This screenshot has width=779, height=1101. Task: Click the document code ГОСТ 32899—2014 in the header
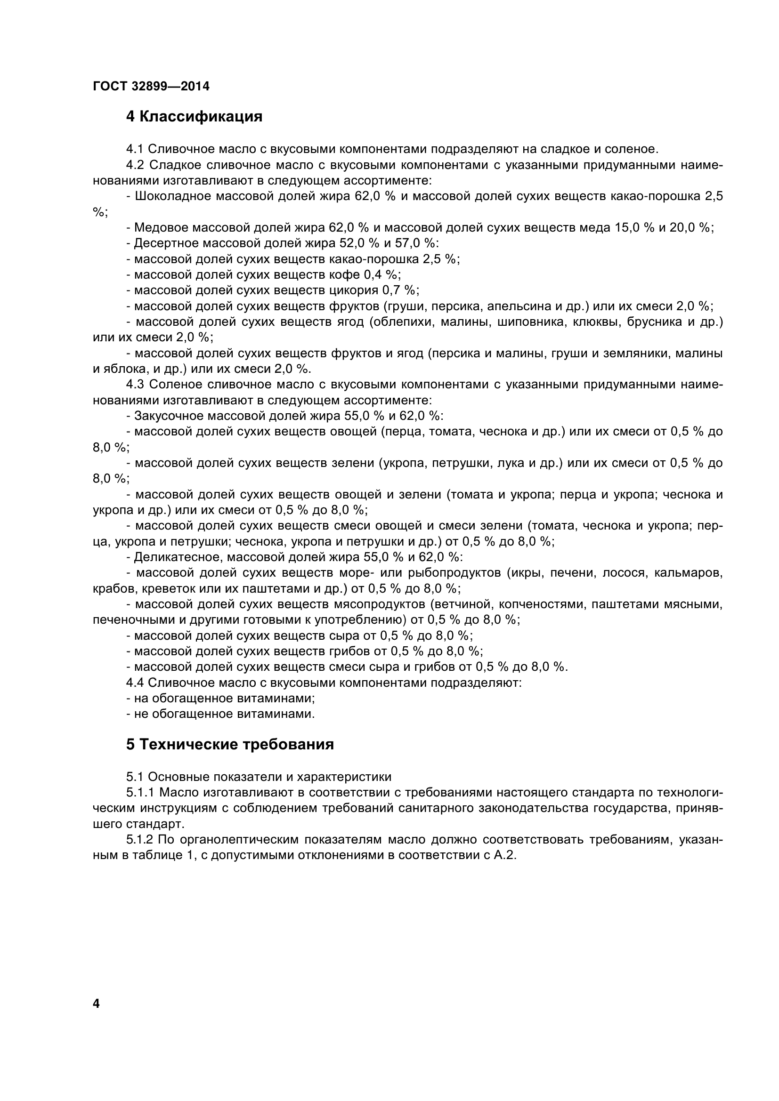pos(151,86)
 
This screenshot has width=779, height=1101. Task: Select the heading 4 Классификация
pos(194,117)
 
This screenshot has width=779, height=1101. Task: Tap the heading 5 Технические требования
pos(230,744)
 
